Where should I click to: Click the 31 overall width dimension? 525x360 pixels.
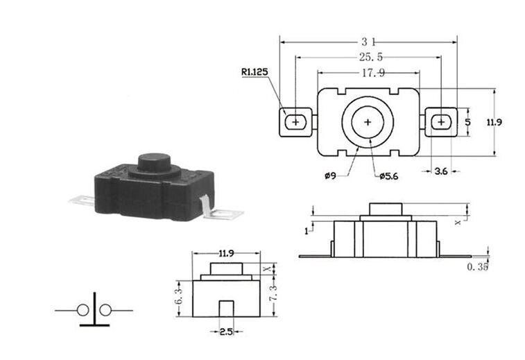(368, 42)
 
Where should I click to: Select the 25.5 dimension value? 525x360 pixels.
(370, 57)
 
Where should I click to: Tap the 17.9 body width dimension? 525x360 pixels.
(373, 73)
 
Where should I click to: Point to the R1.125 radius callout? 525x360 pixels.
(255, 72)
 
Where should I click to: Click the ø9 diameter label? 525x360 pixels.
(330, 175)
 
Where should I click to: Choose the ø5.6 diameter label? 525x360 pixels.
(389, 176)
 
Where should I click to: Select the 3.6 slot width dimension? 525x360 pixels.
(441, 171)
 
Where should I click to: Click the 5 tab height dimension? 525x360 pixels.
(467, 122)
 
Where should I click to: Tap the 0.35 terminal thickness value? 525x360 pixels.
(477, 266)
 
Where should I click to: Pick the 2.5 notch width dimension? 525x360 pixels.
(226, 332)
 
